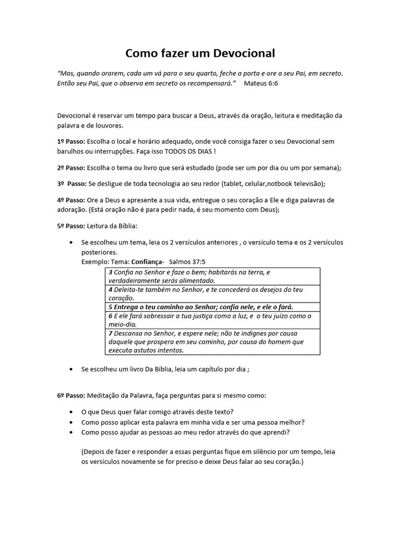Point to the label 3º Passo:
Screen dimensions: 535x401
(71, 183)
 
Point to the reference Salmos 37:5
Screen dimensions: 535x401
(187, 261)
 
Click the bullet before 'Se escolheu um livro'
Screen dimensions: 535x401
(71, 369)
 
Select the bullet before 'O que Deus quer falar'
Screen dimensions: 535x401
(71, 412)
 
